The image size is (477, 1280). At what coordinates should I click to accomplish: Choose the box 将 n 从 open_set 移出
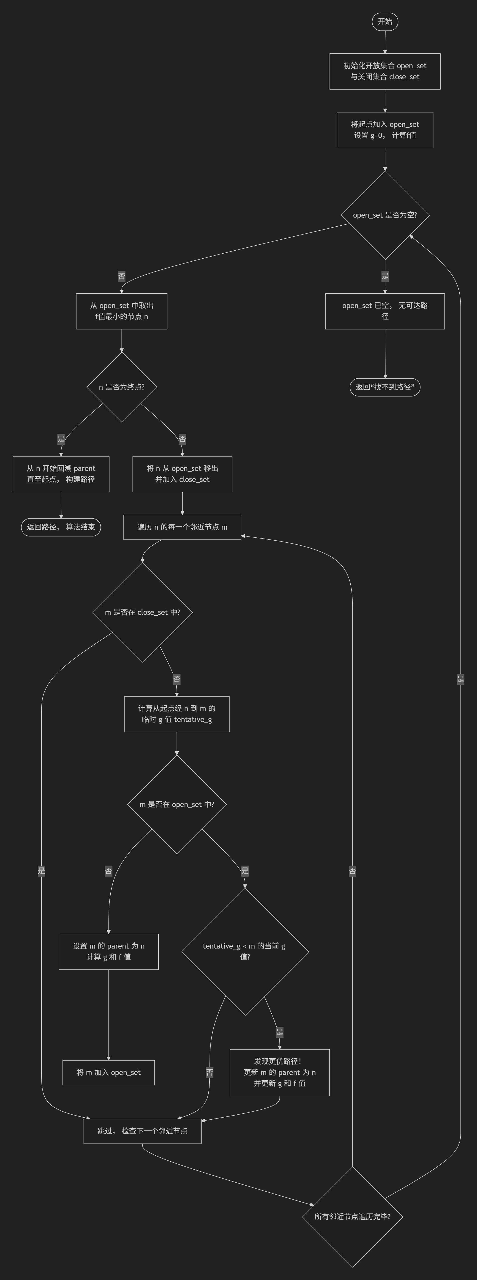[182, 474]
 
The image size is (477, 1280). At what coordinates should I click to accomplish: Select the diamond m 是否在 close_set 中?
[143, 612]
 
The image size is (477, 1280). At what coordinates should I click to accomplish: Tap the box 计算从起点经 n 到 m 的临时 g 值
[177, 714]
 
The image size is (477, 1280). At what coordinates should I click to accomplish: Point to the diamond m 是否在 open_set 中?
[177, 804]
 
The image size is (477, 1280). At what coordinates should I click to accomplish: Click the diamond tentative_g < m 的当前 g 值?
[245, 952]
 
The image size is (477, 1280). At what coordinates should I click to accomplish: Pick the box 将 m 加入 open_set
[108, 1072]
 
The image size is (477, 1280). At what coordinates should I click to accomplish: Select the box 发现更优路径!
[280, 1072]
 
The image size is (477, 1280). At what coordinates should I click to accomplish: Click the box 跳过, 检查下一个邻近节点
[143, 1131]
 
